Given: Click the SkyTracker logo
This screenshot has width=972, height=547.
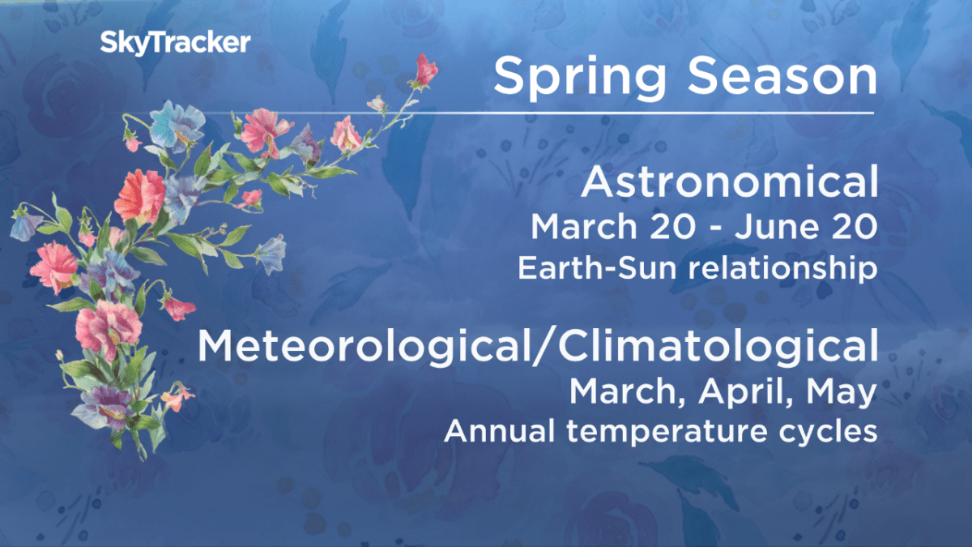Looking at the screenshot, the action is coord(175,43).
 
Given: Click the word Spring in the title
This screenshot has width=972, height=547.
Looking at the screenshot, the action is coord(580,78).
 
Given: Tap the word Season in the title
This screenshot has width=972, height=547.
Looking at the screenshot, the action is coord(782,76).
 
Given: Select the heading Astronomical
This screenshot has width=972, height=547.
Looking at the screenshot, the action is coord(730,182).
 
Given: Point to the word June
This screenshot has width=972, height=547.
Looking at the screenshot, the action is coord(775,227).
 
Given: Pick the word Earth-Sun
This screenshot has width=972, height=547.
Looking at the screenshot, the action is coord(597,267).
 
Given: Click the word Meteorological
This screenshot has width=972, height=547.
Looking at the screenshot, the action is coord(364,347).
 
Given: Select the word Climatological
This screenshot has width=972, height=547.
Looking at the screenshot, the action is coord(718,347).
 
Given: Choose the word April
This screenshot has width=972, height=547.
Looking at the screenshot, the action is coord(746,392).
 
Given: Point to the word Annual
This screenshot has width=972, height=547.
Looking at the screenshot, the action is coord(499,430).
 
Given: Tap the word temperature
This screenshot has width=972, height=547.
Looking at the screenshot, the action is coord(666,431).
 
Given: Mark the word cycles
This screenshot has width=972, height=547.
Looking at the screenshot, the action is coord(829,432).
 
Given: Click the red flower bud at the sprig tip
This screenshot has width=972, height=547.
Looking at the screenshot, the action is coord(426,71).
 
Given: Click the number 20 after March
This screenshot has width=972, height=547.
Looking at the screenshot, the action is coord(673,227).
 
